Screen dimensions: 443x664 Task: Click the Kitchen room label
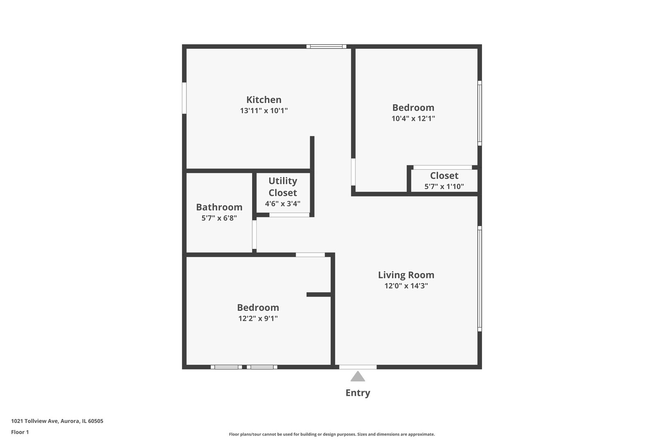click(x=264, y=100)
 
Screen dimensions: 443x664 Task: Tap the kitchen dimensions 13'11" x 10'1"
click(x=264, y=111)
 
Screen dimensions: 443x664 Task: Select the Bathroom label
click(x=219, y=207)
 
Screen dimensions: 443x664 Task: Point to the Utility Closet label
click(x=283, y=187)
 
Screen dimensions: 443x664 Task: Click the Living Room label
click(x=406, y=275)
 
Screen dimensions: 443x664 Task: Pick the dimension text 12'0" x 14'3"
click(x=406, y=286)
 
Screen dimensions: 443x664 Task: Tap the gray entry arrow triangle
click(x=358, y=377)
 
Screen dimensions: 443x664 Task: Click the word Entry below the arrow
click(x=358, y=393)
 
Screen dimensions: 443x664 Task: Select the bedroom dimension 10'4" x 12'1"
click(x=413, y=119)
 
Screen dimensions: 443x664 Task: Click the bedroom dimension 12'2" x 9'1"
click(x=258, y=319)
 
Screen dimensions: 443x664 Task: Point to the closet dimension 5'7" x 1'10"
click(x=444, y=187)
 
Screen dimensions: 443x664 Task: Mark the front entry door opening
click(x=358, y=367)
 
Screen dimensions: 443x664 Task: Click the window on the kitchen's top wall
click(x=326, y=46)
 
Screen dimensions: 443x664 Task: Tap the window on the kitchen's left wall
click(x=184, y=98)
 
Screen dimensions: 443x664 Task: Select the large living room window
click(x=480, y=279)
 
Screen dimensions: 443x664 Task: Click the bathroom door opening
click(x=254, y=235)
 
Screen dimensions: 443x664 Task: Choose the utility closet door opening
click(x=289, y=215)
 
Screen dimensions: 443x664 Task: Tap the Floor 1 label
click(x=20, y=432)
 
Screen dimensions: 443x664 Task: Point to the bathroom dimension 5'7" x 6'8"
click(x=219, y=218)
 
